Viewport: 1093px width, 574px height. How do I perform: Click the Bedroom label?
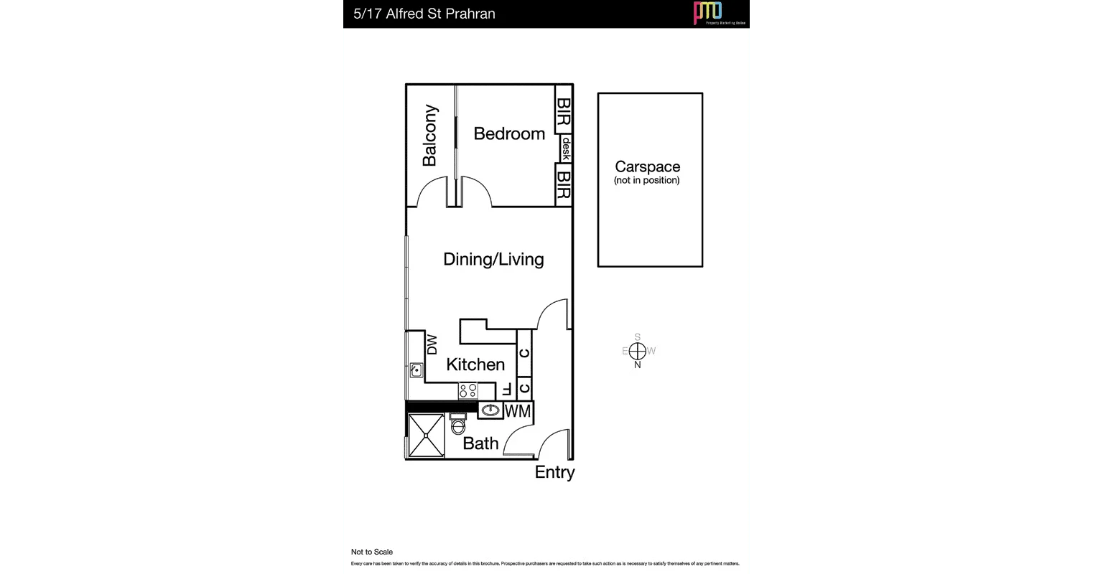click(509, 133)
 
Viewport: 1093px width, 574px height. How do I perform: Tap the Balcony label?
click(429, 136)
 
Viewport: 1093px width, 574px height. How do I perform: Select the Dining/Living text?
click(493, 259)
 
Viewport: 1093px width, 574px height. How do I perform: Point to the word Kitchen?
click(475, 364)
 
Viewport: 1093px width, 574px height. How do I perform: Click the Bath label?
click(480, 443)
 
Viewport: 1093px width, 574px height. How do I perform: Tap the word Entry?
click(554, 472)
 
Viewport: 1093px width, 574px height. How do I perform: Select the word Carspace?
click(647, 167)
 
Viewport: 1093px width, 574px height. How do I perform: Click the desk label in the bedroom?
click(566, 149)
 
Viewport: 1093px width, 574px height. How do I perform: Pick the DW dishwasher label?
click(432, 346)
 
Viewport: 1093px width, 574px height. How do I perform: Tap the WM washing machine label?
click(518, 412)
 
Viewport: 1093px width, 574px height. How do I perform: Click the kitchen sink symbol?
click(416, 370)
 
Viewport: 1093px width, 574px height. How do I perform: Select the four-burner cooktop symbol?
click(468, 391)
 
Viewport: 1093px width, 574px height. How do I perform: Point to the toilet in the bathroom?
click(457, 426)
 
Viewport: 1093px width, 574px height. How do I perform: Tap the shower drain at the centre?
click(426, 436)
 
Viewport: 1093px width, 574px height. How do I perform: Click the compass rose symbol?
click(638, 351)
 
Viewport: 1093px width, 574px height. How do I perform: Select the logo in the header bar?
click(708, 13)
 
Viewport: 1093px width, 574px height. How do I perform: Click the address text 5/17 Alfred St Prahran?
click(424, 14)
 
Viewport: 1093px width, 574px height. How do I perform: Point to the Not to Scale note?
click(372, 552)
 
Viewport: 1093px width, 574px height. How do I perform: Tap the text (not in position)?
click(646, 181)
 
